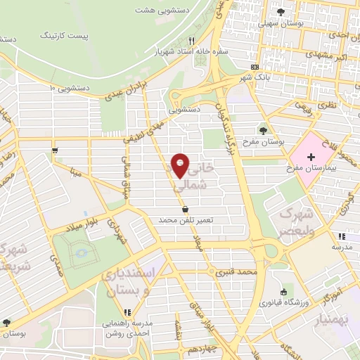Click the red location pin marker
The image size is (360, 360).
tap(180, 165)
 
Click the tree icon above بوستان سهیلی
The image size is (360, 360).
tap(281, 12)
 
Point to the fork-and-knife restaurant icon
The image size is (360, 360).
tap(191, 41)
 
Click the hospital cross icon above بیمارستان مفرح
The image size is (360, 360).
tap(311, 155)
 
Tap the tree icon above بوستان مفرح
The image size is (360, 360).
tap(262, 131)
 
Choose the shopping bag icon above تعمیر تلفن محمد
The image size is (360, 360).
tap(185, 209)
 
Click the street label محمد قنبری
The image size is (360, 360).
tap(237, 271)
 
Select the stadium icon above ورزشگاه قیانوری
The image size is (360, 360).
tap(283, 292)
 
